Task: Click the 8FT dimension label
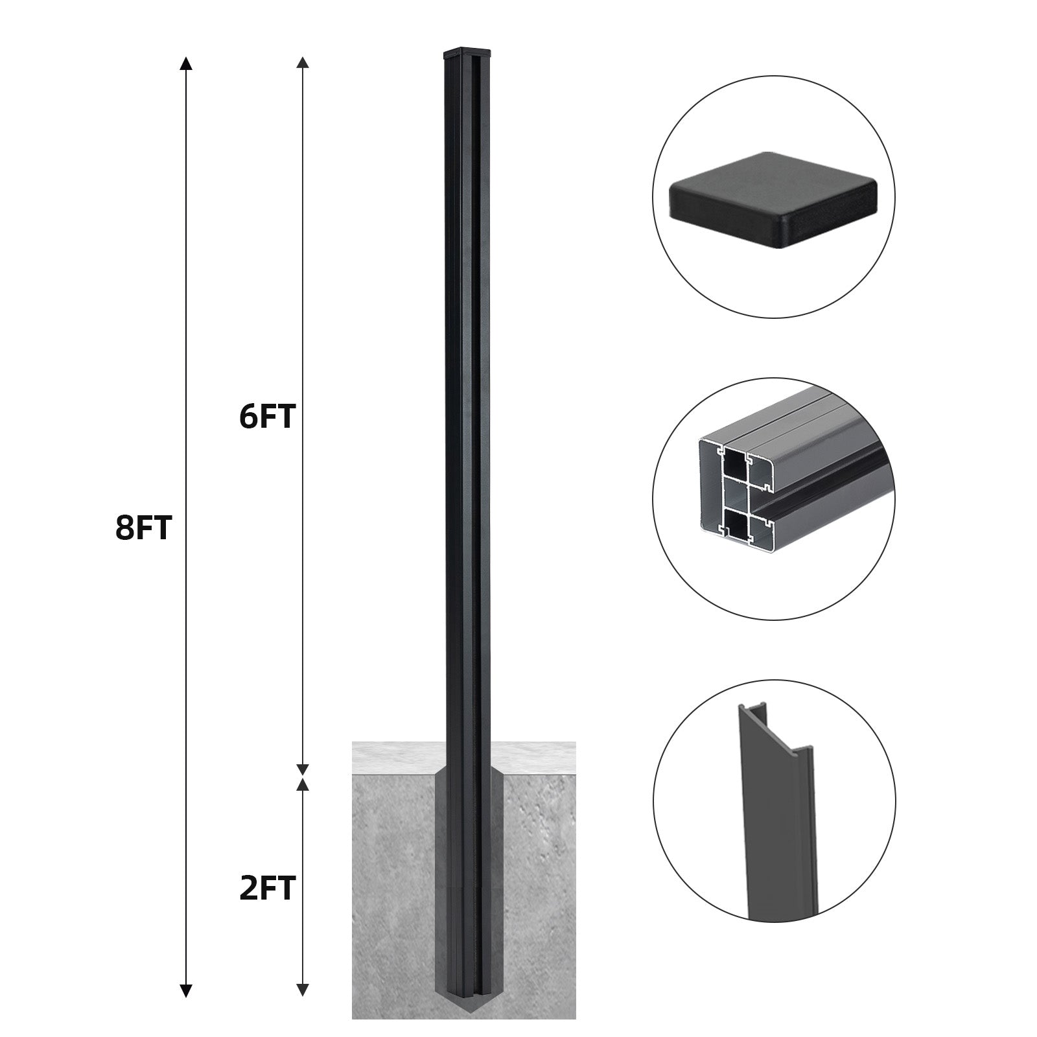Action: (x=143, y=529)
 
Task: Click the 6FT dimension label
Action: (x=267, y=417)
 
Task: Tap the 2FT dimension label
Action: (x=268, y=888)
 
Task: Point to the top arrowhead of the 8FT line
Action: (x=186, y=64)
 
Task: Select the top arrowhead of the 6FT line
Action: (x=302, y=64)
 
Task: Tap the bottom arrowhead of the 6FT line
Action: (x=302, y=769)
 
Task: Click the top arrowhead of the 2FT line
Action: (x=302, y=785)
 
